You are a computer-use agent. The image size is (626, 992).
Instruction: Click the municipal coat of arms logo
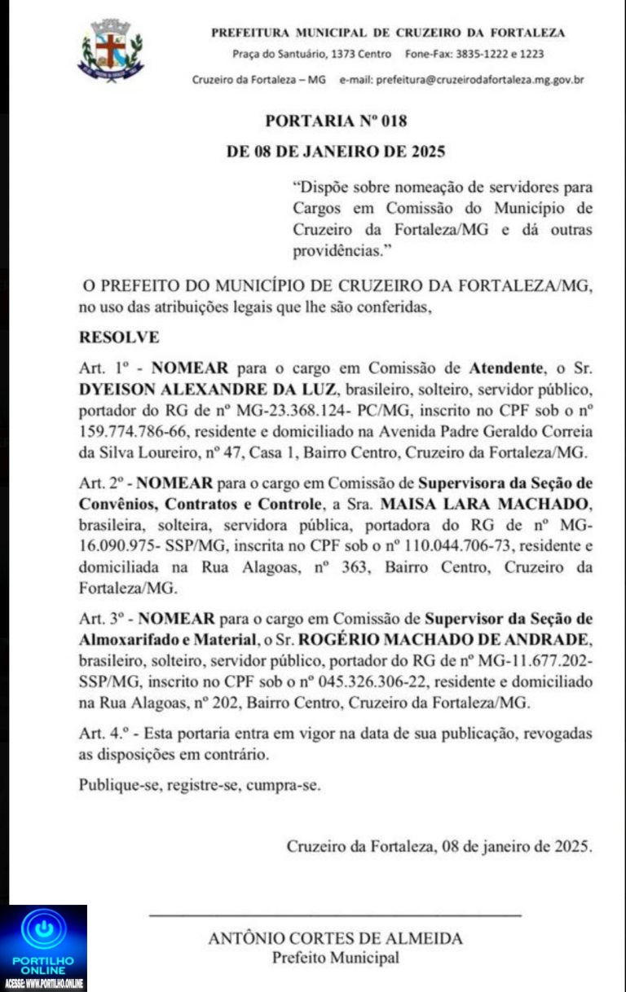110,51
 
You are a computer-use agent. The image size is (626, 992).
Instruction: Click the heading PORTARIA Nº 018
336,121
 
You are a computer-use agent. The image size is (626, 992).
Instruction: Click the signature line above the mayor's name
335,916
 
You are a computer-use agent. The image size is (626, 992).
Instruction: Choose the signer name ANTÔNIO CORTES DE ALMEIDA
335,938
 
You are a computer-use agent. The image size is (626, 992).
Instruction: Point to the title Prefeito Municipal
335,959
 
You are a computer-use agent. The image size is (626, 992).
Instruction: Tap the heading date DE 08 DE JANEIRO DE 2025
336,152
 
